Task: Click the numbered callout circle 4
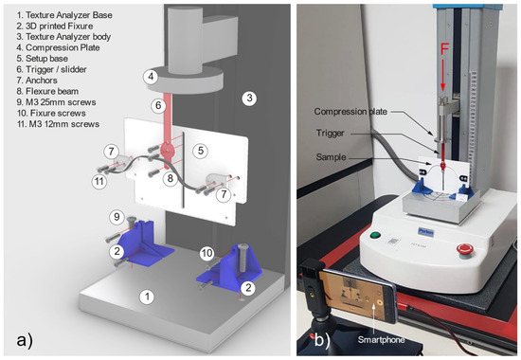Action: [x=151, y=77]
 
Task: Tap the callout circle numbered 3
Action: [x=249, y=99]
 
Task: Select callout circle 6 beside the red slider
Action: [x=158, y=106]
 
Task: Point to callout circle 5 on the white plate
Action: [x=201, y=151]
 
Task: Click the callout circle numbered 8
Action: [x=171, y=178]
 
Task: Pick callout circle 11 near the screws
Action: [x=99, y=182]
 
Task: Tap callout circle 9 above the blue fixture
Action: [x=117, y=217]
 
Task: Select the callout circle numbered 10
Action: [x=207, y=253]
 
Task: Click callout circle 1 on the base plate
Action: [x=147, y=297]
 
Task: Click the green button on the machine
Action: [x=375, y=235]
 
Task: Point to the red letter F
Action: [x=444, y=49]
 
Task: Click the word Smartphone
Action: [x=381, y=340]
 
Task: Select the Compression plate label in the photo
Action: [x=350, y=112]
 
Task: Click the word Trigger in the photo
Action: [x=330, y=134]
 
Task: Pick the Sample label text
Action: [x=331, y=157]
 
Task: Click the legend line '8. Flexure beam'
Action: [x=48, y=91]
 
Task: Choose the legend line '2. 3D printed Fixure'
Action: [x=55, y=26]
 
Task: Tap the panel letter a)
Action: [x=25, y=340]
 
